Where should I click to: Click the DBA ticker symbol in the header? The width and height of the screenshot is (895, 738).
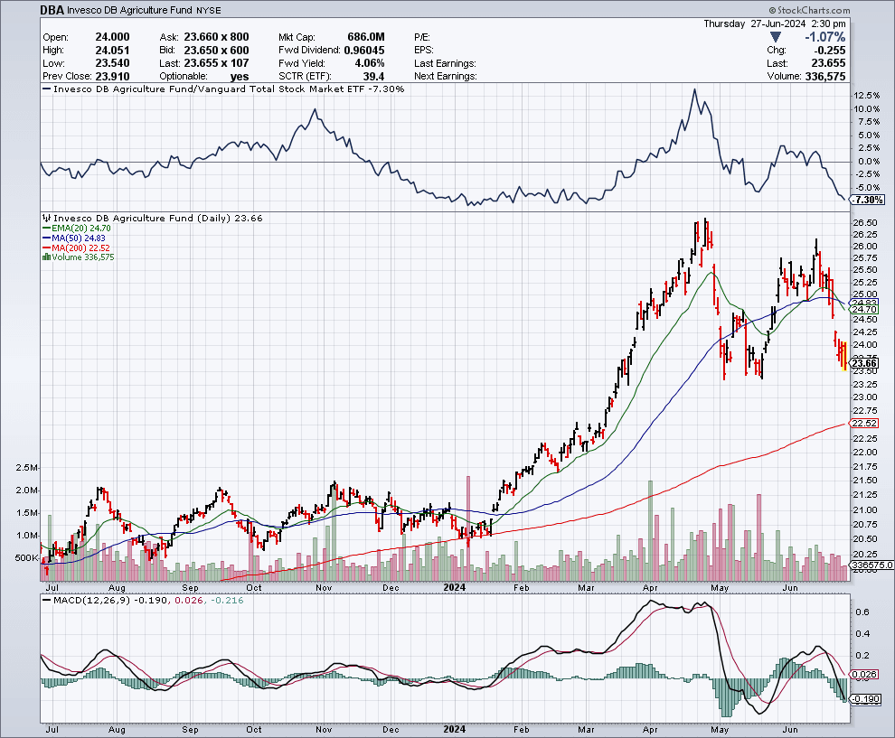tap(52, 10)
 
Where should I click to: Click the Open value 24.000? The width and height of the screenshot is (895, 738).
tap(112, 37)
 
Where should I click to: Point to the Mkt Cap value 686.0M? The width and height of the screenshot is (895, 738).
tap(366, 37)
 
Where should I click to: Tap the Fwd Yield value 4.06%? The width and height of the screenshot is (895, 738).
tap(370, 63)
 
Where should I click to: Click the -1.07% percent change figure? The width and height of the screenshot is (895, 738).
tap(824, 37)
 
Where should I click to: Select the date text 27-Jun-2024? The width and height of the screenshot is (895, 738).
tap(778, 23)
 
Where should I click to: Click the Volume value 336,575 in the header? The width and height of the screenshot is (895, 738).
tap(825, 77)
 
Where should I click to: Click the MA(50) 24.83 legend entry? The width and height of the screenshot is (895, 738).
tap(73, 238)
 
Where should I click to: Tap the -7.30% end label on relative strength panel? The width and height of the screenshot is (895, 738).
tap(868, 200)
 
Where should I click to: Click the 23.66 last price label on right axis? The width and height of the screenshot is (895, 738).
tap(864, 363)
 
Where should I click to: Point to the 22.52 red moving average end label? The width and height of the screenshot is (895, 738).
tap(864, 423)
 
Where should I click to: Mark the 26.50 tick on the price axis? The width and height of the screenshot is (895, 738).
tap(865, 222)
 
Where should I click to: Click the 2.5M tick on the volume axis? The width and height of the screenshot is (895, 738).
tap(27, 468)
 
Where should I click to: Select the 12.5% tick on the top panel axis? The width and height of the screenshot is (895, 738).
tap(866, 95)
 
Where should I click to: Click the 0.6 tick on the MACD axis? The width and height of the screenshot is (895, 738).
tap(863, 612)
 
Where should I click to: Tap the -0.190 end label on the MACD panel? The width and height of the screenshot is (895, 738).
tap(866, 699)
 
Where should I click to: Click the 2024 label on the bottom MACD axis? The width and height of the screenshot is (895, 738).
tap(455, 729)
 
